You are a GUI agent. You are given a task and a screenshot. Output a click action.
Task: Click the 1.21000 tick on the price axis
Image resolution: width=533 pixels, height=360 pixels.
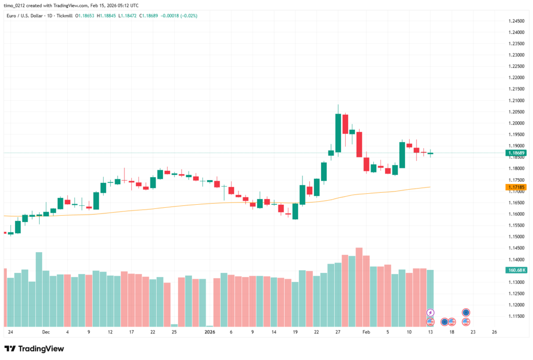tap(517, 101)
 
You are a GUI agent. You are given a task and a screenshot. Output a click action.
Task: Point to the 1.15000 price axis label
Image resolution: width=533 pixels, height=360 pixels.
tap(517, 237)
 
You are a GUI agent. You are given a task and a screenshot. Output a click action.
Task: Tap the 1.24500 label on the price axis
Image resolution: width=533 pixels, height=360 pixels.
tap(517, 21)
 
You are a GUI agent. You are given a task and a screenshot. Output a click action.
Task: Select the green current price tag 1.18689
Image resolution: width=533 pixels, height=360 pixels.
tap(516, 153)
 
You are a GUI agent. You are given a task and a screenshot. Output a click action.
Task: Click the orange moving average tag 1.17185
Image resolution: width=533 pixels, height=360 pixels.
tap(516, 187)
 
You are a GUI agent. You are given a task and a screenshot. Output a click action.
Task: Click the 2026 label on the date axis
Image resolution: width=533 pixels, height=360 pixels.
tap(210, 331)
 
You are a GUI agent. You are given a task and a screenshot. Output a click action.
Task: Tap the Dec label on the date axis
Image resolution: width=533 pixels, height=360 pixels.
tap(46, 331)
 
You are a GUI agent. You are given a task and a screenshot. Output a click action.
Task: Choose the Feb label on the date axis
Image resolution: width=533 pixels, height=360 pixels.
tap(366, 331)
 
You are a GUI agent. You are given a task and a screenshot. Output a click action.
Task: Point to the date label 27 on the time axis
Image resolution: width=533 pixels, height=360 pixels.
tap(337, 331)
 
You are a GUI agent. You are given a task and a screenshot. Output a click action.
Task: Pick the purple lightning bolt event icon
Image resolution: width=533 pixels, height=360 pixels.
tap(430, 313)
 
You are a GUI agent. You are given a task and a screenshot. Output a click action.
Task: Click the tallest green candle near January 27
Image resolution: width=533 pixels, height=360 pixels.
tap(338, 131)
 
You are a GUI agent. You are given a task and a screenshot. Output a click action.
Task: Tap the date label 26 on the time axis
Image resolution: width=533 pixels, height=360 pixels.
tap(494, 331)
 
